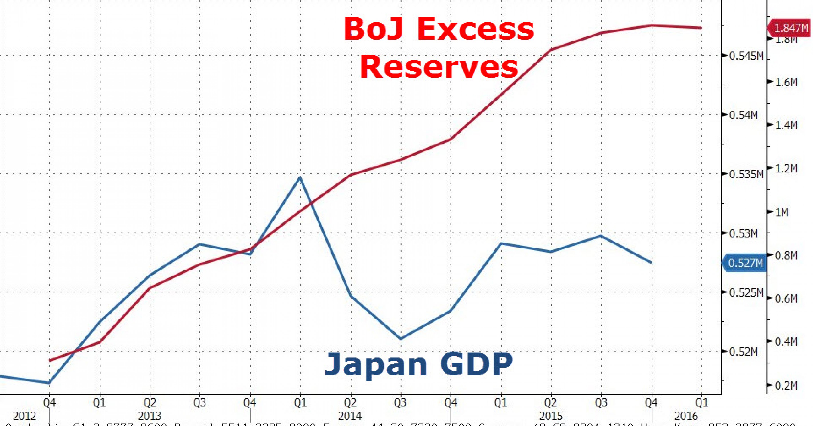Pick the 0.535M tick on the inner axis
(x=746, y=174)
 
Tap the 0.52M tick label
(x=743, y=351)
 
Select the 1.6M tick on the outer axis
(x=786, y=82)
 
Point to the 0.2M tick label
(x=786, y=386)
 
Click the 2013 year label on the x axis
(x=150, y=416)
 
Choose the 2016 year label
(x=686, y=416)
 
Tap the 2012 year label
(x=25, y=416)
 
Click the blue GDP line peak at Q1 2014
(x=300, y=177)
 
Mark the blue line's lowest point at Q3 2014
(x=400, y=339)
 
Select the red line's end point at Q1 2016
(x=701, y=28)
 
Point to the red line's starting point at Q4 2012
(x=49, y=360)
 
